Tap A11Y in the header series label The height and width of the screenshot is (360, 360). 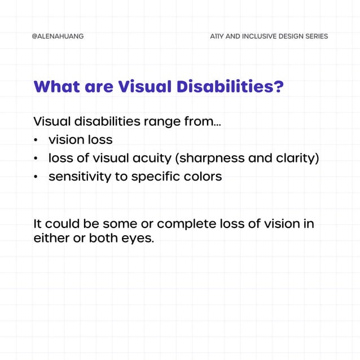coord(216,36)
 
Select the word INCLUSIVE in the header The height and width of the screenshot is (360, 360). coord(258,36)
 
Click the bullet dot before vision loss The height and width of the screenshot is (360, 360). coord(36,140)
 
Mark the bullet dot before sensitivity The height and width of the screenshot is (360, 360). coord(36,177)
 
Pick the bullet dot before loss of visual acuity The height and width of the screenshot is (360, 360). coord(36,159)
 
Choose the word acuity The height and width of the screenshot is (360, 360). coord(154,159)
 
